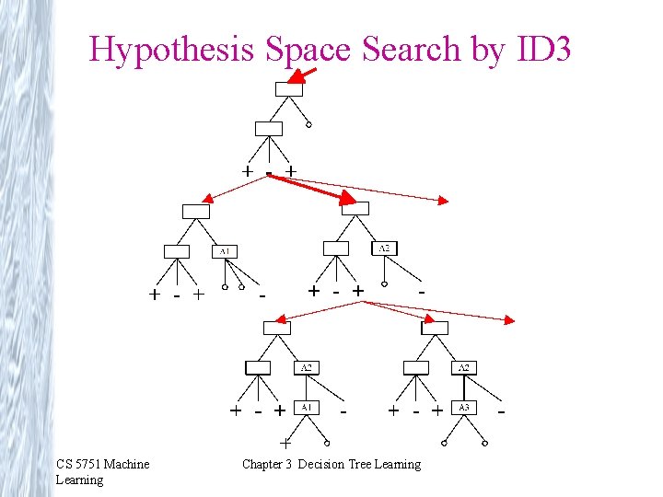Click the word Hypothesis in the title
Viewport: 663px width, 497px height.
click(171, 50)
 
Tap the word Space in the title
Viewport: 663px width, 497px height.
click(308, 50)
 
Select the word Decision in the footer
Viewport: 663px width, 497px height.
click(320, 464)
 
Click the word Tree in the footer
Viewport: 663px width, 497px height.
click(360, 464)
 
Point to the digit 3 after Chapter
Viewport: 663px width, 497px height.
click(291, 464)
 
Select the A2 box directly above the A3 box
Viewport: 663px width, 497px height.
click(465, 367)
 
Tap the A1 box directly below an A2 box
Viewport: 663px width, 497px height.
click(307, 407)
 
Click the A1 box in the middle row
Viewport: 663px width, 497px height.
click(225, 250)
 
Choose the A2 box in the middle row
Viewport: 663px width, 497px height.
click(384, 248)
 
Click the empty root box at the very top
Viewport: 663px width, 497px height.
click(288, 89)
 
